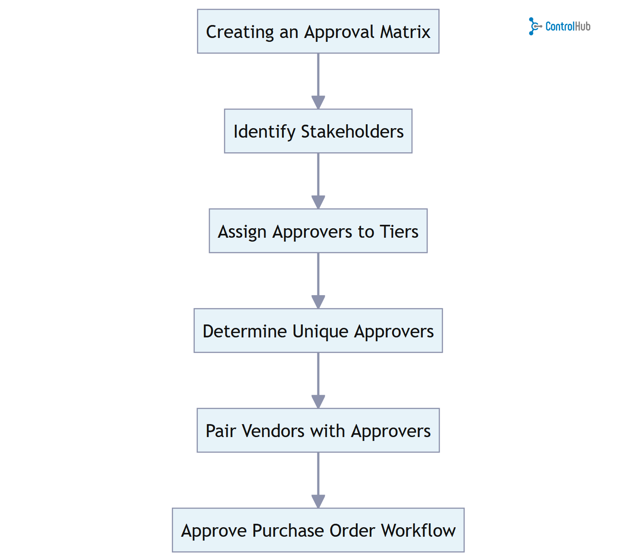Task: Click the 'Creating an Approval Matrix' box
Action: [x=318, y=31]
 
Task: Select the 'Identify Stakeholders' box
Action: [x=318, y=131]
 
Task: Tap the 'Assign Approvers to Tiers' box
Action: [x=318, y=231]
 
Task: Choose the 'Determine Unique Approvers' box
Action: [x=318, y=330]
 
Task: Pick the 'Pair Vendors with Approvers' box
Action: [x=318, y=430]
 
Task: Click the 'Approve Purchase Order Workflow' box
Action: [x=318, y=530]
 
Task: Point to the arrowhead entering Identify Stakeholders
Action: [x=318, y=103]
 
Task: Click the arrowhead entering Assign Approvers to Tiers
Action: [x=318, y=202]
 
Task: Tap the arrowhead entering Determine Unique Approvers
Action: [x=318, y=302]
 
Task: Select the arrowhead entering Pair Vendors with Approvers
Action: [x=318, y=402]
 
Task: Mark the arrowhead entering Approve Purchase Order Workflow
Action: [x=318, y=501]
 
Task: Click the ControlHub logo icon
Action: [x=535, y=26]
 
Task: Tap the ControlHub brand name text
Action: [x=567, y=26]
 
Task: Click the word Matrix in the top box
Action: [x=405, y=32]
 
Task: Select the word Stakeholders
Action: [x=352, y=132]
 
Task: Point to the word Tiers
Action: [x=399, y=232]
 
